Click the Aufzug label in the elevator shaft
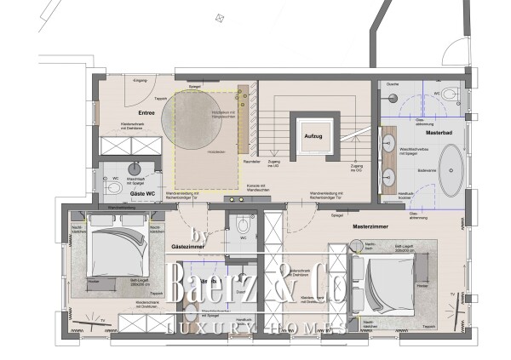point(308,135)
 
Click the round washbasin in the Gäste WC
point(135,168)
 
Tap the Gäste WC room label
point(141,194)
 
